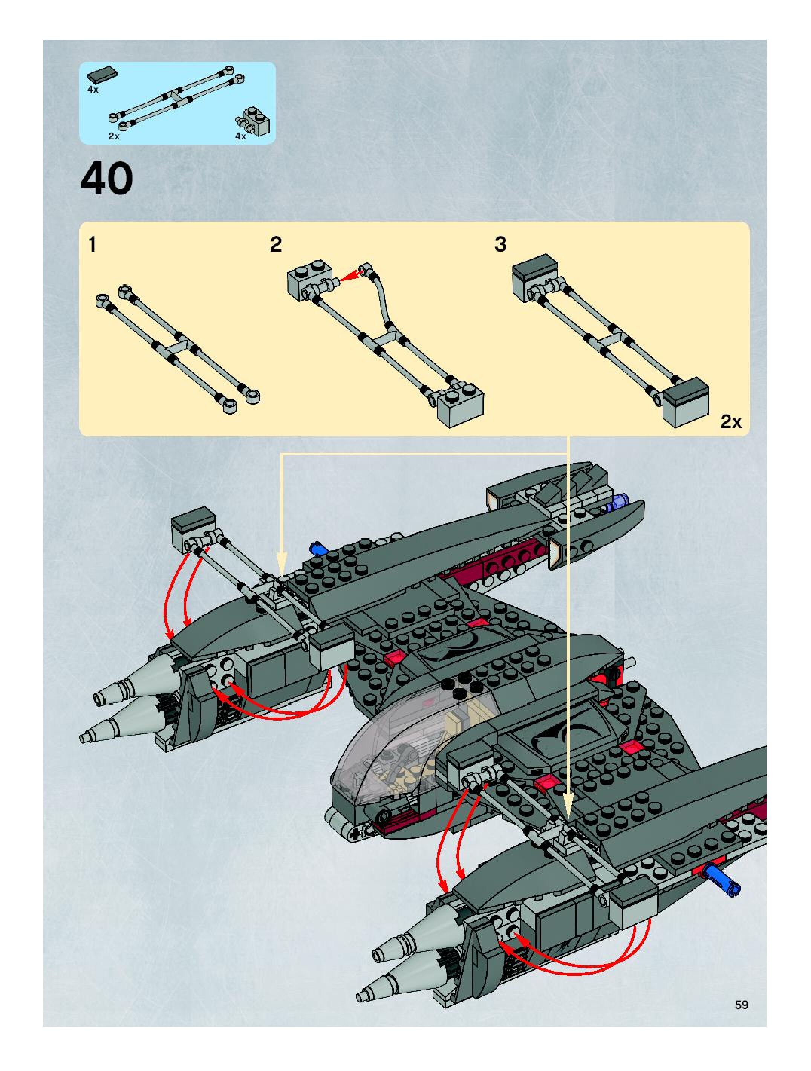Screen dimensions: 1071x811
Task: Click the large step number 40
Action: (x=107, y=179)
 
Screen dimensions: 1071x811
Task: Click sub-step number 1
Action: (x=92, y=245)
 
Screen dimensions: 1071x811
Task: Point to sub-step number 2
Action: (x=275, y=245)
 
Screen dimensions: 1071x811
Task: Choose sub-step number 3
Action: (x=500, y=245)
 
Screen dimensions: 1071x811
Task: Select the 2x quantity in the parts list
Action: (x=114, y=136)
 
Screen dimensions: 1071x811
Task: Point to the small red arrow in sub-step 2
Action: (x=351, y=275)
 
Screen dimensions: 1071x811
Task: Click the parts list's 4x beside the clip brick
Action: (x=241, y=136)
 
